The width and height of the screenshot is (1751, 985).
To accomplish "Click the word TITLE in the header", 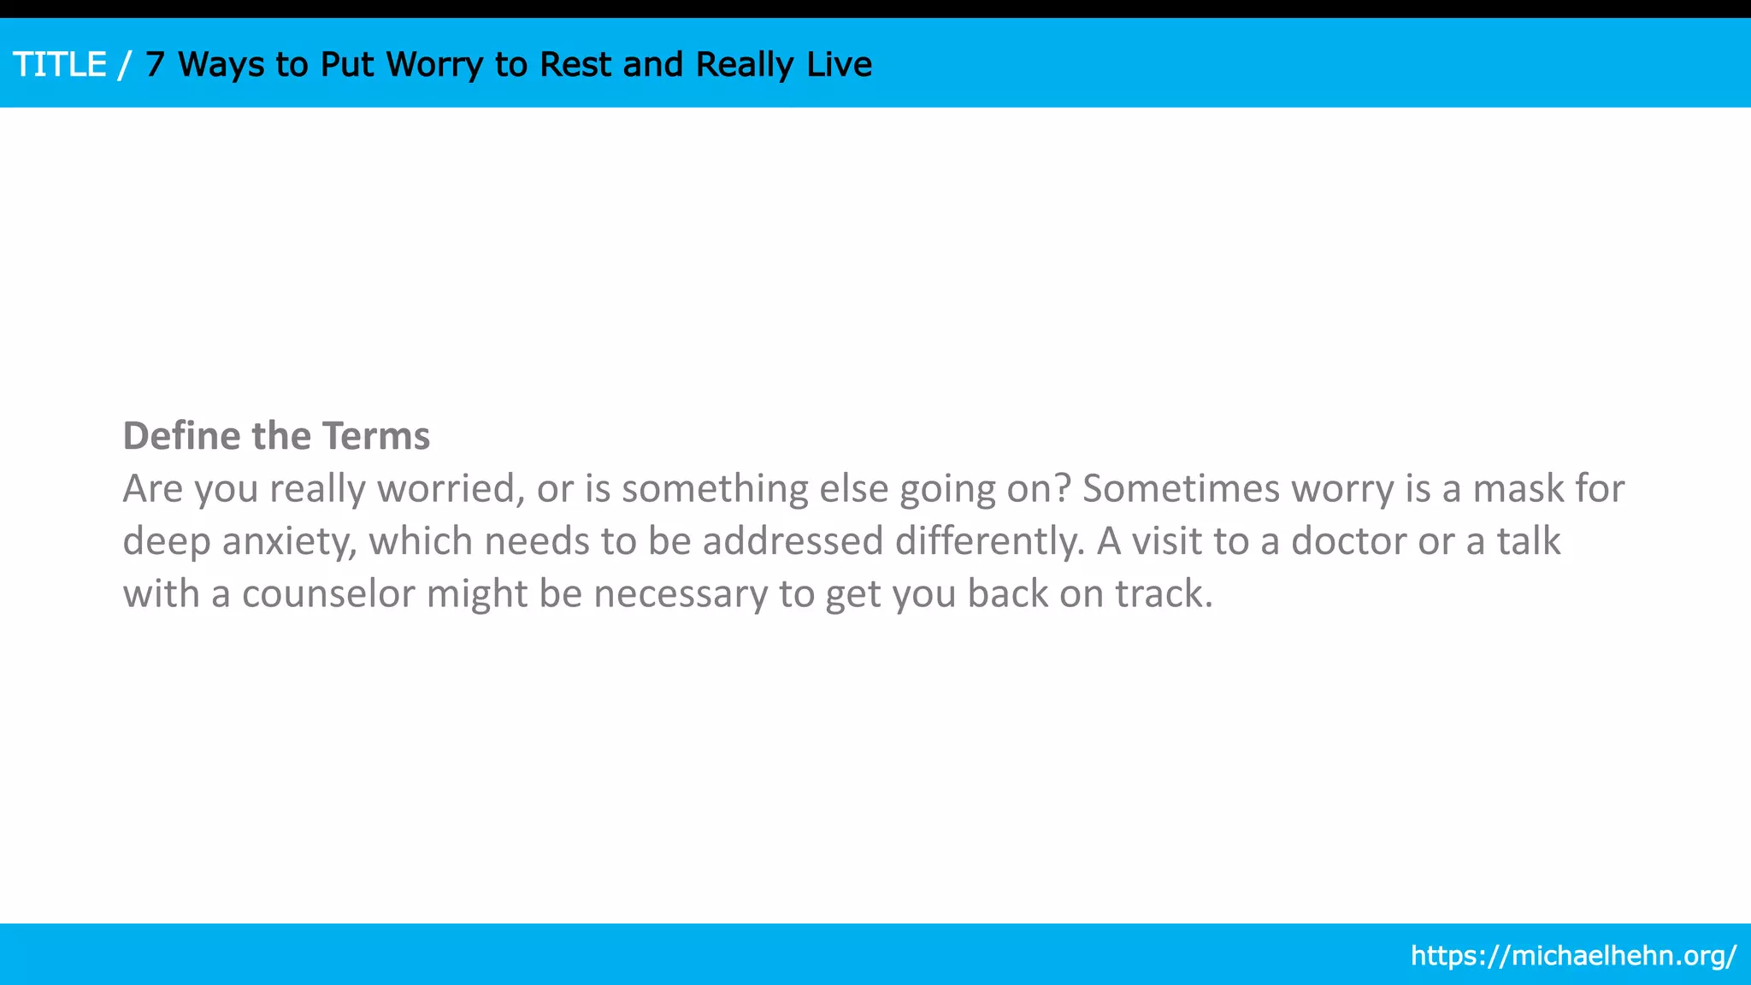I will [60, 65].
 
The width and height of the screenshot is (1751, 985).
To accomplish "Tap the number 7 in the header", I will [154, 65].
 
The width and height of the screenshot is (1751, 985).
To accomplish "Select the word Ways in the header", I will [221, 65].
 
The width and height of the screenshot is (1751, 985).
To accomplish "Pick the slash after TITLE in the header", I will [126, 65].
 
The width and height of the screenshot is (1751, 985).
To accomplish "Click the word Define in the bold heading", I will [182, 436].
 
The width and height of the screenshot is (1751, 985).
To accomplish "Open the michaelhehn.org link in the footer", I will [1573, 955].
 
